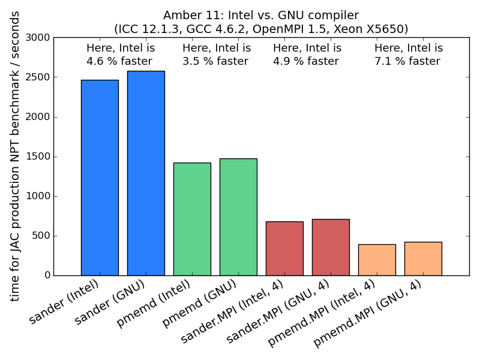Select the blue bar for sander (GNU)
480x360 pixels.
(146, 173)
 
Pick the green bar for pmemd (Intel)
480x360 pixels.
(192, 219)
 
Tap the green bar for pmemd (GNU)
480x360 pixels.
(238, 217)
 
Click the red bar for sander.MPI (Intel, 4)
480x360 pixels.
(284, 248)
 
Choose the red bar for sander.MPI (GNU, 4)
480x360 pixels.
(331, 247)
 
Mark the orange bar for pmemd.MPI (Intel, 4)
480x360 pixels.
(377, 260)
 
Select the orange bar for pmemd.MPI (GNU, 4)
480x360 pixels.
(423, 259)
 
